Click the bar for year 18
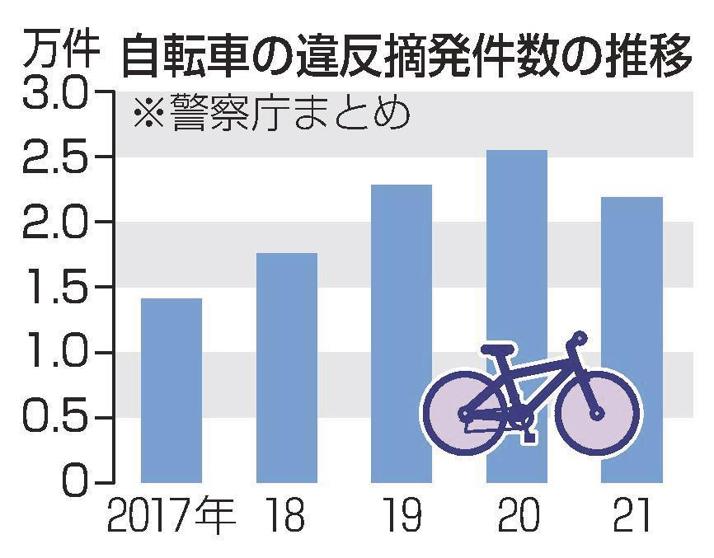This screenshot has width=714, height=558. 286,367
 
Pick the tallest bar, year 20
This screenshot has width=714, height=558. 517,247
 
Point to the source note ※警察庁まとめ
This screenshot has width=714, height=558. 272,115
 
